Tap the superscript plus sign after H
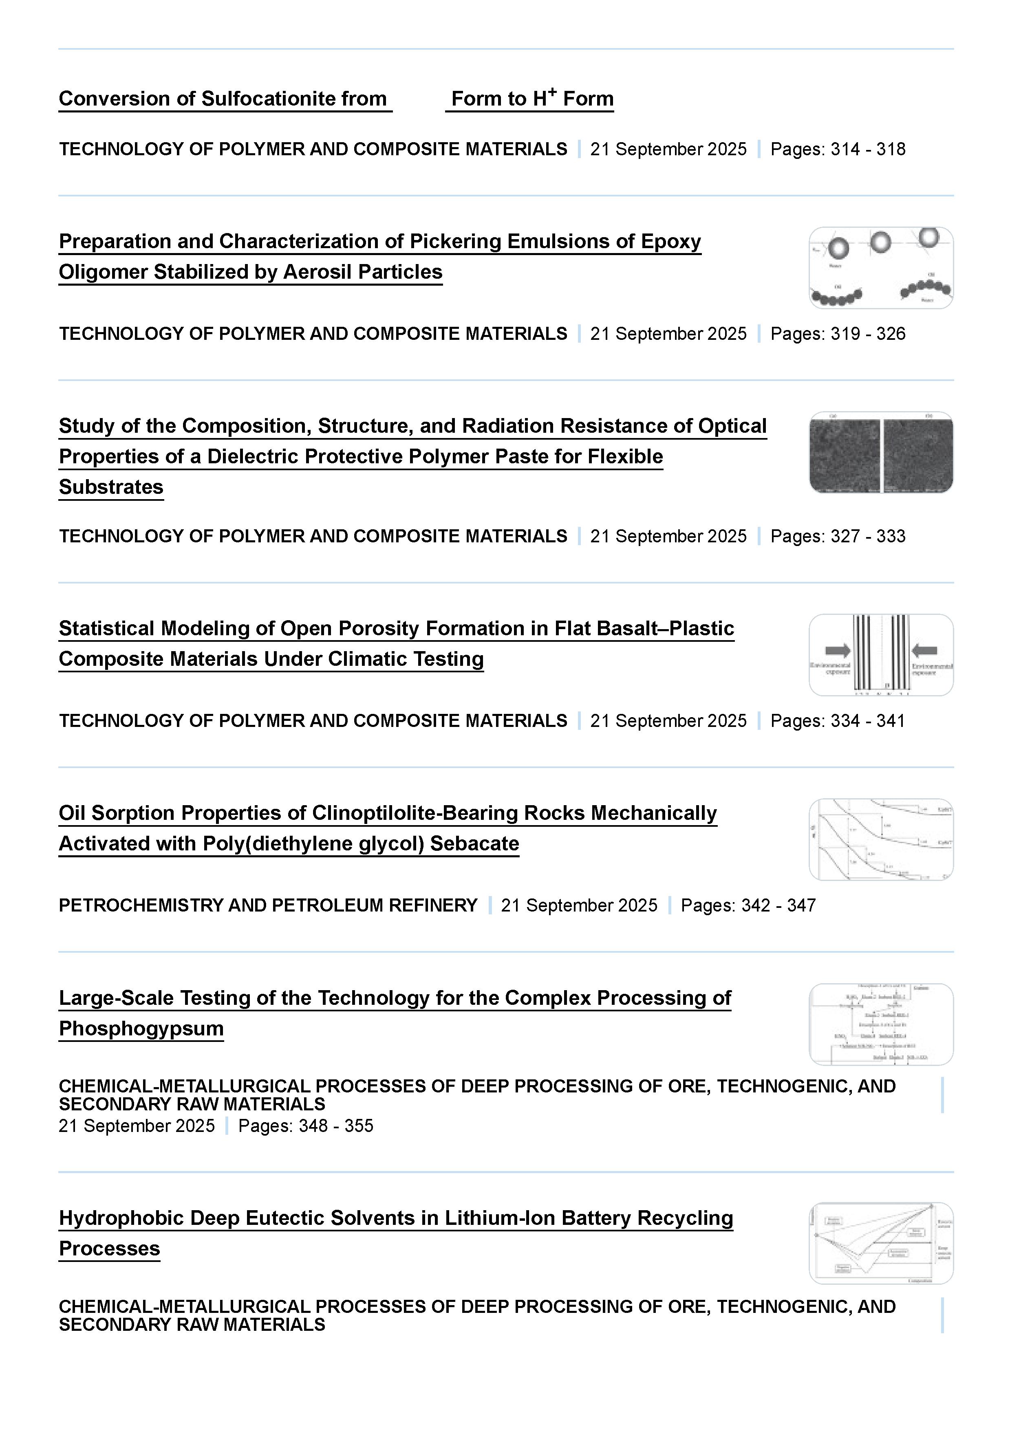coord(552,92)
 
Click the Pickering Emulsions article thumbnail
coord(880,268)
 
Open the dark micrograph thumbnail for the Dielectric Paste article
coord(880,452)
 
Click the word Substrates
coord(111,487)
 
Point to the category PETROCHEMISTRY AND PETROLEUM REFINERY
coord(268,905)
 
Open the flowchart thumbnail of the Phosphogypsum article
coord(880,1024)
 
